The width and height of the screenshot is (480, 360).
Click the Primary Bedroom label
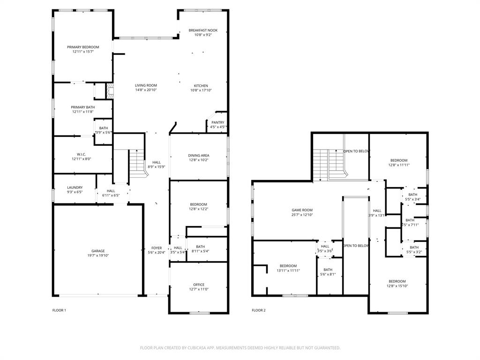83,47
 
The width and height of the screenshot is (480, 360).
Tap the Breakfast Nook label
203,30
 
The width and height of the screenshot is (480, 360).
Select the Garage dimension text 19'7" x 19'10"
98,255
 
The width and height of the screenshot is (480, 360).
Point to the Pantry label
217,122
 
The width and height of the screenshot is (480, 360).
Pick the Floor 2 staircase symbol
328,164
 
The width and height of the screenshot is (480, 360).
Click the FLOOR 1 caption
59,310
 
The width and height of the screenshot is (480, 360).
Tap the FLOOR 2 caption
258,310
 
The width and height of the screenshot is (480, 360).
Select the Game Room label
302,210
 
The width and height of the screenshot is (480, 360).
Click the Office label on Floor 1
199,285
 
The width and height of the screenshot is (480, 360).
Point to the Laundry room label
75,187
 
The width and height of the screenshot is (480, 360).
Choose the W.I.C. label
82,154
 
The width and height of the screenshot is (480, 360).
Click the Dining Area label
199,155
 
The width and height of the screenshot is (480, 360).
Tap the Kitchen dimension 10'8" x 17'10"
201,90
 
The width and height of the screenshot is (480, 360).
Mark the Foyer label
157,248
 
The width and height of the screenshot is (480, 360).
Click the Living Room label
146,85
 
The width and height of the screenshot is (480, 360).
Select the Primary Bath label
83,107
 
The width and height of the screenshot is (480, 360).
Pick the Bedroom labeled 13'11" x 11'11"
288,266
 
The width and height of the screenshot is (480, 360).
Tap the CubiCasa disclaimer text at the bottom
240,348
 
